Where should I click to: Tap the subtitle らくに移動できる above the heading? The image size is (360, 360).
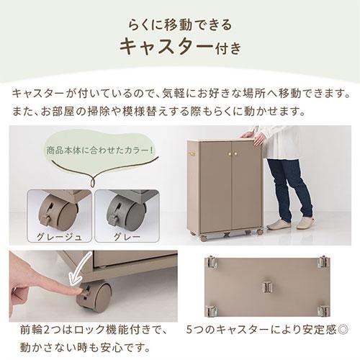click(179, 24)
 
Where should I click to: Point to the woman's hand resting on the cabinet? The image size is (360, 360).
click(249, 134)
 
